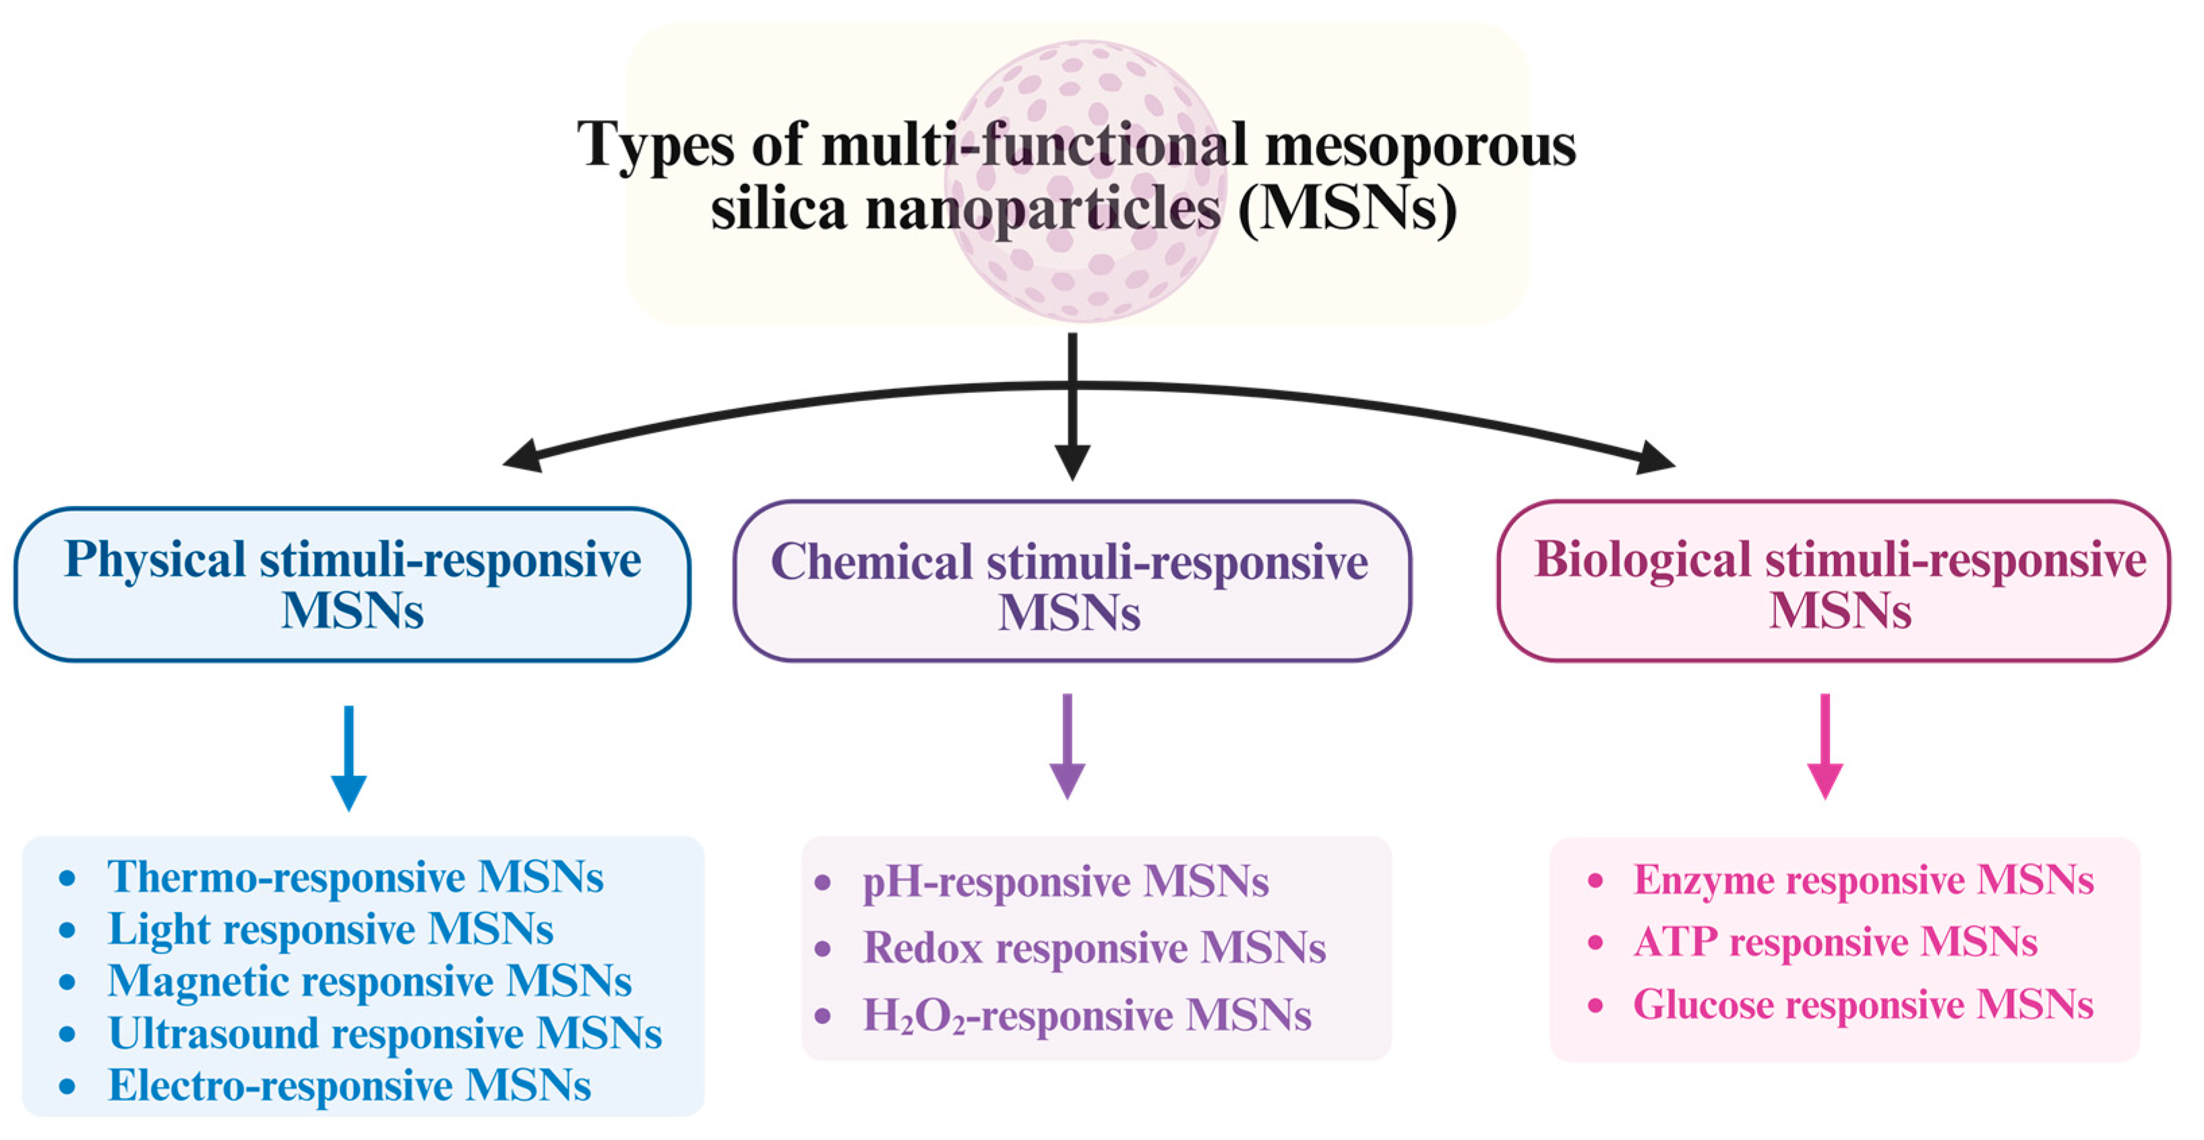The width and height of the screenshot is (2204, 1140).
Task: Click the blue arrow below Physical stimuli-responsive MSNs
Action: (x=348, y=758)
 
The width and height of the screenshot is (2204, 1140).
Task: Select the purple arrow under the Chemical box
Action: (x=1067, y=746)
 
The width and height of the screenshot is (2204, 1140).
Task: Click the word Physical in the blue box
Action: (x=155, y=561)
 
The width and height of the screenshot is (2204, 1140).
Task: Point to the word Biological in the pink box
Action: (x=1642, y=561)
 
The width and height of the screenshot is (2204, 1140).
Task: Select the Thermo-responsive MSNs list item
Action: (x=355, y=877)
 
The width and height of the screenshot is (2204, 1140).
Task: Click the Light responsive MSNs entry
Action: (x=330, y=930)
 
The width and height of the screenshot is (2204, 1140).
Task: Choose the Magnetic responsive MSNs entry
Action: (x=369, y=982)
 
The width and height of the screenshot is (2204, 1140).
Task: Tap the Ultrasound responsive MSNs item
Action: (x=385, y=1034)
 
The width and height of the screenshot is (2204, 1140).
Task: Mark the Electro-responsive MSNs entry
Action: (x=349, y=1086)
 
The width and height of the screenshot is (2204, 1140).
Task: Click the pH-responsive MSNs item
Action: (x=1065, y=882)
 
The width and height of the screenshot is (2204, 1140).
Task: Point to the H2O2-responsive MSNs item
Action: (x=1086, y=1016)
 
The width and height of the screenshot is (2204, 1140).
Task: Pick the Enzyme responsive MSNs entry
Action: (x=1864, y=880)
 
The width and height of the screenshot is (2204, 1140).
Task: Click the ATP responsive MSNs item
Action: (x=1835, y=942)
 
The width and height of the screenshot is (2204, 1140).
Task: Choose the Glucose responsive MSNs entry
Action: (x=1863, y=1004)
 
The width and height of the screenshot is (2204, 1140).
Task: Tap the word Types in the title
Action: (x=654, y=146)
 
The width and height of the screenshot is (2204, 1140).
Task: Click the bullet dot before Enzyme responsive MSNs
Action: (x=1595, y=880)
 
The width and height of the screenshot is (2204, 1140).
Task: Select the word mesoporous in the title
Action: (x=1419, y=146)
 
